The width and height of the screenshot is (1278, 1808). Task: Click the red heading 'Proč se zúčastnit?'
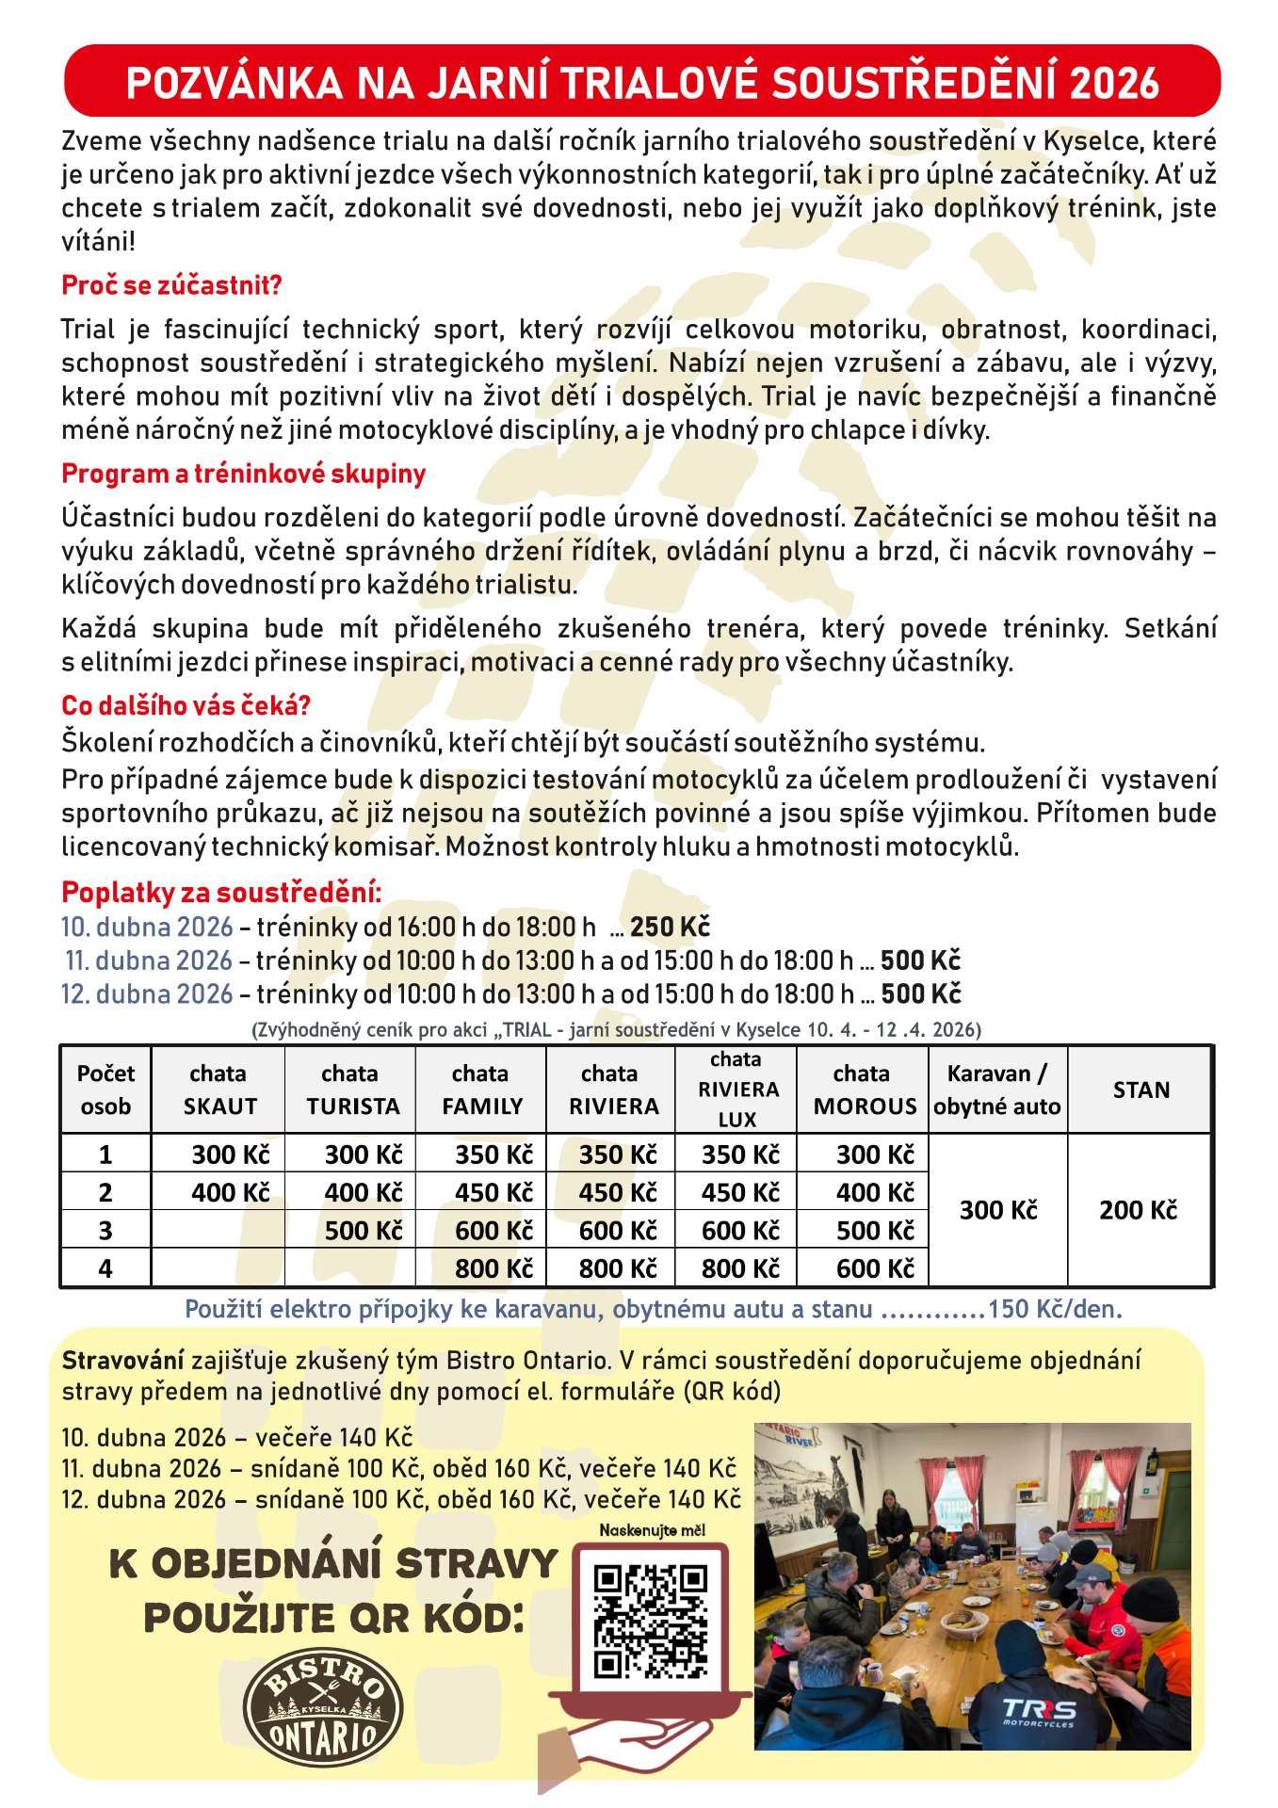pos(171,285)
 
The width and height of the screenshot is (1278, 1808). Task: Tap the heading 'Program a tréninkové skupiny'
pos(243,474)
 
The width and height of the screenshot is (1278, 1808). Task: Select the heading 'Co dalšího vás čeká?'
pos(186,705)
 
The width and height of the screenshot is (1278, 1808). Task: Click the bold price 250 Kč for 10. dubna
pos(670,928)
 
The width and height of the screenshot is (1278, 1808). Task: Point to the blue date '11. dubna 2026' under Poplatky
pos(149,960)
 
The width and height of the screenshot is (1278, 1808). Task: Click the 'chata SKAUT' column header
pos(218,1090)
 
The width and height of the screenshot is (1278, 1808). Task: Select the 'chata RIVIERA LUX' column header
pos(736,1090)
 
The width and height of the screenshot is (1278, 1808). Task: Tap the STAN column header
pos(1140,1090)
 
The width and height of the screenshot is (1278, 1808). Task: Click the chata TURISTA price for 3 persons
pos(364,1231)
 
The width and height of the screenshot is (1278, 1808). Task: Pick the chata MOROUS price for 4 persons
pos(875,1268)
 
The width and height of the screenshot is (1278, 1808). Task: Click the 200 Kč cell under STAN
pos(1138,1210)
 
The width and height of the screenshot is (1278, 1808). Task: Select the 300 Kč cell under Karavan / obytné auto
pos(998,1210)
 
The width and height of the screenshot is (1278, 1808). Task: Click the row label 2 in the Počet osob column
pos(105,1192)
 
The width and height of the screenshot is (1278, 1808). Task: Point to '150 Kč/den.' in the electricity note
pos(1055,1309)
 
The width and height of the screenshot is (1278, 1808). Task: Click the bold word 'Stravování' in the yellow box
pos(122,1360)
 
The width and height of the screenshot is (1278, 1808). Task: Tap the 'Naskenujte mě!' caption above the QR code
pos(652,1530)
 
